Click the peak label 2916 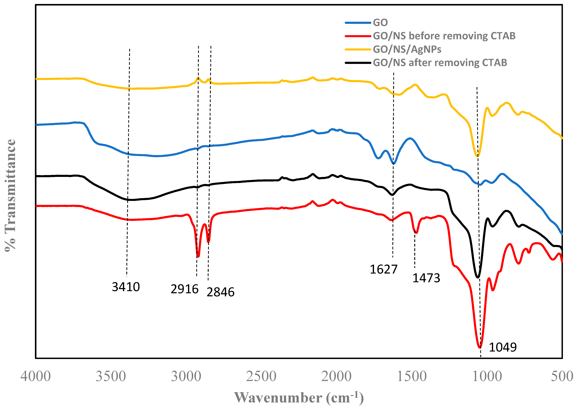click(x=184, y=289)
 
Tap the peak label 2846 click(x=220, y=292)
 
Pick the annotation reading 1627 click(x=383, y=269)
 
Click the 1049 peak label click(x=503, y=347)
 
